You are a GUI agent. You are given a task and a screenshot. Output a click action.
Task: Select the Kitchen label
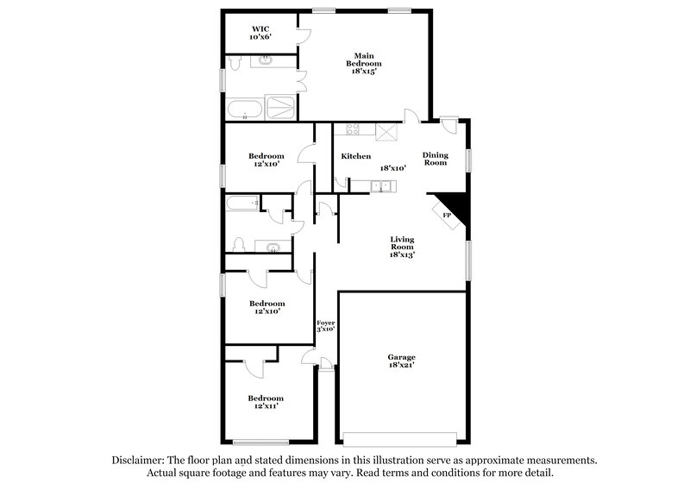click(355, 156)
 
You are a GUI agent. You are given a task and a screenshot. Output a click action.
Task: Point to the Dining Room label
click(435, 159)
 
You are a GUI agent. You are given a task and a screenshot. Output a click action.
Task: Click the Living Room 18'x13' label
click(403, 248)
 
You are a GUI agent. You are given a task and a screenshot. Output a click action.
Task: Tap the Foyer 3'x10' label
click(325, 324)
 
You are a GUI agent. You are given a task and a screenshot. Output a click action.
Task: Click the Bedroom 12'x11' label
click(266, 403)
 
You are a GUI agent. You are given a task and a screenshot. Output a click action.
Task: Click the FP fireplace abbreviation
click(446, 215)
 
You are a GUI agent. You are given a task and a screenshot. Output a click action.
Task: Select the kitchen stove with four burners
click(352, 129)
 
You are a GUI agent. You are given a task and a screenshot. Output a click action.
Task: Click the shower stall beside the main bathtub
click(279, 109)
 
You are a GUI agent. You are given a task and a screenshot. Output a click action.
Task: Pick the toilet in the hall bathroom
click(239, 247)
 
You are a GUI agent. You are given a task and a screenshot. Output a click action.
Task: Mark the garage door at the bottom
click(399, 436)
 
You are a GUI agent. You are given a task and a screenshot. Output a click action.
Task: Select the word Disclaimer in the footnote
click(142, 461)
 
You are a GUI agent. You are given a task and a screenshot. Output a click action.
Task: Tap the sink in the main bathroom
click(265, 61)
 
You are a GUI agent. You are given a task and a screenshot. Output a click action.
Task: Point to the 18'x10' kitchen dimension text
click(392, 168)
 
